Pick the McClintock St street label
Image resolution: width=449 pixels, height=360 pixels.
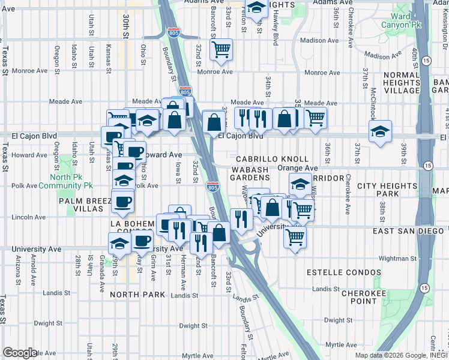pyautogui.click(x=373, y=90)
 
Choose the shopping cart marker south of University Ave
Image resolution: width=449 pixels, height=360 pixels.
pyautogui.click(x=295, y=238)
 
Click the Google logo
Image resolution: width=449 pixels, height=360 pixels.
pyautogui.click(x=20, y=352)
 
